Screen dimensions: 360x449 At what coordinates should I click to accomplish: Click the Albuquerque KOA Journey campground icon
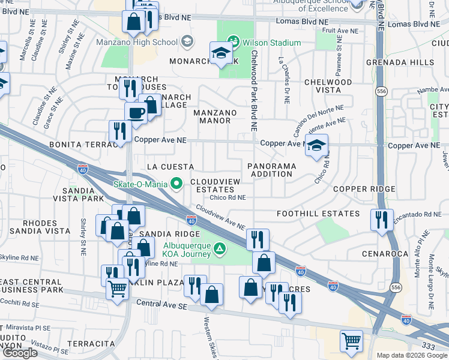[220, 248]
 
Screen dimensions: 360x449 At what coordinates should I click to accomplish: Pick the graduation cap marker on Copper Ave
[316, 145]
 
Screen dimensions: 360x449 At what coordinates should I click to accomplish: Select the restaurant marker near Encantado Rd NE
[382, 220]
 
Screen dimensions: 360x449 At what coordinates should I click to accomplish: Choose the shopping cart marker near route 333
[351, 341]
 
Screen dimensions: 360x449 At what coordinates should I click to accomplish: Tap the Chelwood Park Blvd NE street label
[254, 90]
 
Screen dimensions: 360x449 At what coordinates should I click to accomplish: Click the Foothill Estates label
[318, 214]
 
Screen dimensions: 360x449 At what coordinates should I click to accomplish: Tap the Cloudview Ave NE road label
[220, 218]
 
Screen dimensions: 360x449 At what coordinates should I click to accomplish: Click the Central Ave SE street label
[162, 305]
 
